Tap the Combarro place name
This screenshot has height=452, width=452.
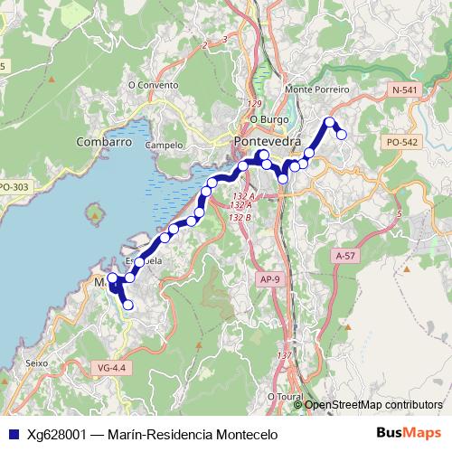(x=104, y=143)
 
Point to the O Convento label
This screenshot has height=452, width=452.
(x=155, y=86)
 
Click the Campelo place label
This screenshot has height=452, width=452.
(x=165, y=145)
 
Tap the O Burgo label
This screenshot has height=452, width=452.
(x=268, y=118)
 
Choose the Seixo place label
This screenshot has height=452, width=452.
(x=37, y=363)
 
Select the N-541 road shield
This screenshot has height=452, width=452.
(x=406, y=90)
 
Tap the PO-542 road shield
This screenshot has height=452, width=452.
(x=401, y=143)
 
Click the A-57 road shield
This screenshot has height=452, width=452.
(x=344, y=257)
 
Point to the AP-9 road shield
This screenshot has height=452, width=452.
(x=269, y=280)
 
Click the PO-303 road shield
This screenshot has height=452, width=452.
(x=14, y=187)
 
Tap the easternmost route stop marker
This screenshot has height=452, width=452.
(x=342, y=135)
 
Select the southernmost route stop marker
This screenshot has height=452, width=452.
(x=127, y=306)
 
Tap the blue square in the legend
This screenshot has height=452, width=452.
(x=13, y=435)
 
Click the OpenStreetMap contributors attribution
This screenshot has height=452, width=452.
(x=373, y=405)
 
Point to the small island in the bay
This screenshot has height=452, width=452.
(x=95, y=215)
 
